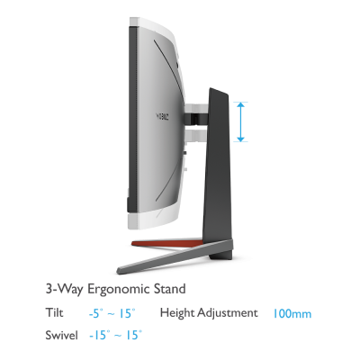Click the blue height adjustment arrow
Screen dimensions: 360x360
click(240, 121)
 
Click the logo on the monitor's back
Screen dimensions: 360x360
click(162, 116)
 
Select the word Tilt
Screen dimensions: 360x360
click(54, 312)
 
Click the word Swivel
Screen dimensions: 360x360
click(61, 335)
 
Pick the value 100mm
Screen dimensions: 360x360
click(292, 314)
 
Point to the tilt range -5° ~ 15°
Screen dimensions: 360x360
click(112, 314)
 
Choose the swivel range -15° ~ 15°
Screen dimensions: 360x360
click(115, 336)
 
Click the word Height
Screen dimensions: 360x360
click(177, 313)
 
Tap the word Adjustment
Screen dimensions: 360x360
click(228, 313)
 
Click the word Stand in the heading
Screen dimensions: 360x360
click(169, 289)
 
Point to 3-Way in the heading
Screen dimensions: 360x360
click(65, 290)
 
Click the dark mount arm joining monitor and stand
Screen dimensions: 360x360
click(196, 117)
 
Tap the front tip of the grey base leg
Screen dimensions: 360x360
click(118, 270)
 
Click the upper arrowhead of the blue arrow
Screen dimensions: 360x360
click(240, 105)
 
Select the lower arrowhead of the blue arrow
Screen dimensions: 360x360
click(240, 139)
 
